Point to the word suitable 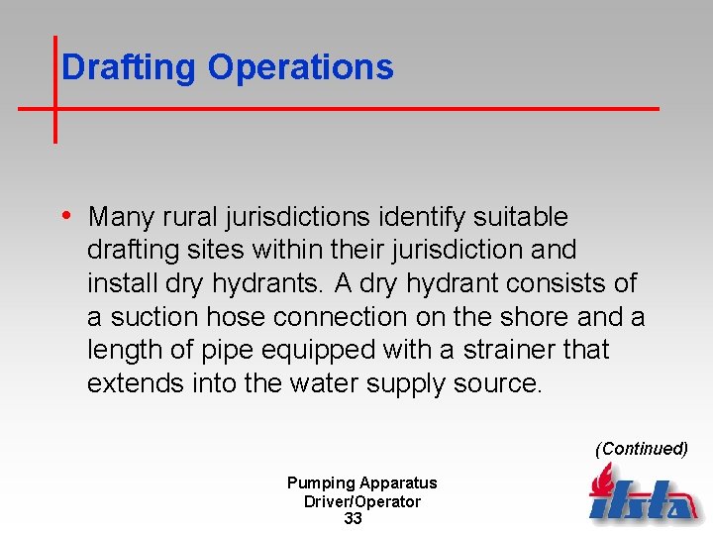(x=520, y=216)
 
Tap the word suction (x=150, y=317)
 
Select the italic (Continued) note (x=641, y=449)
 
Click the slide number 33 (x=354, y=519)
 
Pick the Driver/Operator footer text (x=361, y=501)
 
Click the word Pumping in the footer (x=320, y=482)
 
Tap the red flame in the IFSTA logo (x=601, y=482)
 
